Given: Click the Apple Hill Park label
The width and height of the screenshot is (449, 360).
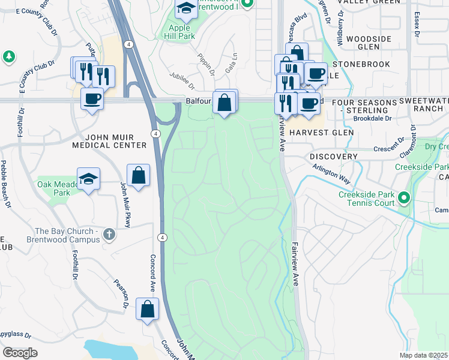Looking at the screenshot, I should tap(183, 32).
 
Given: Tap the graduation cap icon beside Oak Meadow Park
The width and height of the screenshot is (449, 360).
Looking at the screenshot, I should tap(88, 179).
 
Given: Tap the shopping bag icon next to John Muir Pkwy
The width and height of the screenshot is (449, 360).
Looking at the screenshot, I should tap(138, 176).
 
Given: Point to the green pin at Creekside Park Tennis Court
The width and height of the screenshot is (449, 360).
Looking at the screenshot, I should tap(404, 197).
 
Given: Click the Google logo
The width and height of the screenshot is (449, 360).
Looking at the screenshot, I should tap(20, 353).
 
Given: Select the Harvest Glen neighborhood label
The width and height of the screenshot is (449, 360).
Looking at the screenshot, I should tap(314, 132).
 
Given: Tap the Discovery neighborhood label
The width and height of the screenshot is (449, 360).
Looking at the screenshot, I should tap(334, 156).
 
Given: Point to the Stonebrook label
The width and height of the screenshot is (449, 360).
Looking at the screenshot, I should tap(361, 64).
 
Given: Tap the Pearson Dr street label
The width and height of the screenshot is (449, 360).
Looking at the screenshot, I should tap(120, 293).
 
